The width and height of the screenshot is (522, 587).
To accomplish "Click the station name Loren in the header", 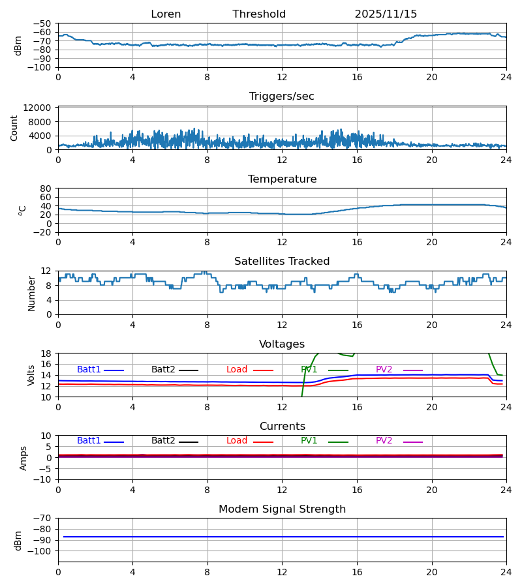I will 166,14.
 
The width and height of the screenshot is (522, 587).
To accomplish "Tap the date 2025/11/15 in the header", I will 386,14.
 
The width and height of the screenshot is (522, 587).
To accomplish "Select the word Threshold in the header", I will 259,14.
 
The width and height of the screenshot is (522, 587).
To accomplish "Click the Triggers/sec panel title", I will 282,97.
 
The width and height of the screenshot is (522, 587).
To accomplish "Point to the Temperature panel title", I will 282,179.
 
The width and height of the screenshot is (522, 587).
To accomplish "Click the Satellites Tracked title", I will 282,262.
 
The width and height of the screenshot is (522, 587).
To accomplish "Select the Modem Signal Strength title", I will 282,509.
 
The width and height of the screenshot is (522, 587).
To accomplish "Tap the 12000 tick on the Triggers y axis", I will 41,108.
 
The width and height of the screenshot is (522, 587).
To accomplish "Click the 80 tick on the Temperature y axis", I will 46,188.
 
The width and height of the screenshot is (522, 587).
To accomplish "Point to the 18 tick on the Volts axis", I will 46,354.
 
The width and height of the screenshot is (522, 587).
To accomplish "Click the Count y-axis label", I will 14,128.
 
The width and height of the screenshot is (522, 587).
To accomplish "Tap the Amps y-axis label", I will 23,458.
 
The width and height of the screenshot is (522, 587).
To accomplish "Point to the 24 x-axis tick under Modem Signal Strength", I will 506,572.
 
